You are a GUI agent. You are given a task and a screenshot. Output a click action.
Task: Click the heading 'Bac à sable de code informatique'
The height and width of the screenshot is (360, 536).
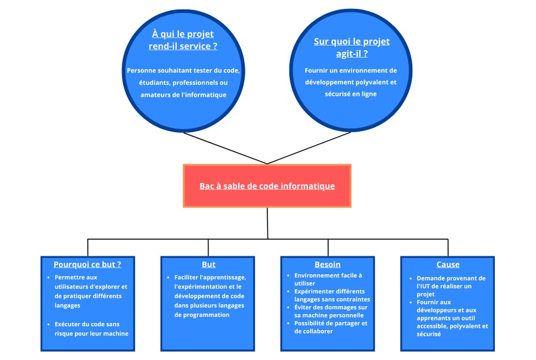point(267,186)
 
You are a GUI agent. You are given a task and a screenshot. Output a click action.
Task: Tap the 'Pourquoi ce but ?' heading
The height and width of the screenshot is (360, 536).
point(87,264)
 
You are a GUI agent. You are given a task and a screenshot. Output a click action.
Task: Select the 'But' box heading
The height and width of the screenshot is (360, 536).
point(208,264)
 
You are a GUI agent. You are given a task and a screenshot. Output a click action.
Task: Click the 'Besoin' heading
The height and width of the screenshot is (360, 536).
point(328,264)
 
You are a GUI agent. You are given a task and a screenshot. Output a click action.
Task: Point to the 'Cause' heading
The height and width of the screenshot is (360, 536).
point(448,264)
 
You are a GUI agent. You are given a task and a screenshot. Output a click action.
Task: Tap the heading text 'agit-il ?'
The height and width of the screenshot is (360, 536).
point(352,54)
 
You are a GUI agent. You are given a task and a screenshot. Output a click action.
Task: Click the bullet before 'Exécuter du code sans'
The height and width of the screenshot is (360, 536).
point(49,324)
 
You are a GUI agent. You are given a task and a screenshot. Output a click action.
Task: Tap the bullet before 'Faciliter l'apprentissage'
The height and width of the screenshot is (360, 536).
point(168,277)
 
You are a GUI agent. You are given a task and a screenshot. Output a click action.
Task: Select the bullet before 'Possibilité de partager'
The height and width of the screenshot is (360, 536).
point(288,324)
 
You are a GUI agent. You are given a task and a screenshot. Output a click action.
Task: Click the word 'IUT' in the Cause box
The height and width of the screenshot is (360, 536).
point(424,286)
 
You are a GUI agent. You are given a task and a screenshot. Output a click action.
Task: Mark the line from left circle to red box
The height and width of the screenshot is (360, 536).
point(225,148)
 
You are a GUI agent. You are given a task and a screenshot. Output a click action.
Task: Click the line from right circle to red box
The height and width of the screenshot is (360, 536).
point(309,148)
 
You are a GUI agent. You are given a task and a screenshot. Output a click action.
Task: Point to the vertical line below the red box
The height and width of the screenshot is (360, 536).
point(267,223)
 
